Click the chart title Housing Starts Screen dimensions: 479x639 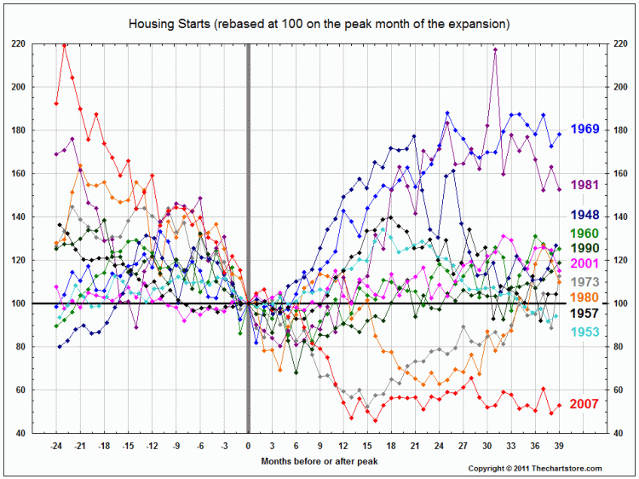pyautogui.click(x=319, y=24)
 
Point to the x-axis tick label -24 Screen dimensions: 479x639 pyautogui.click(x=56, y=446)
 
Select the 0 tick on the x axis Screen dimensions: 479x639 pyautogui.click(x=248, y=446)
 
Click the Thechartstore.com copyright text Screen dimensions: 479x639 pyautogui.click(x=535, y=469)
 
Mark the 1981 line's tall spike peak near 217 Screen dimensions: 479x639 pyautogui.click(x=495, y=49)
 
